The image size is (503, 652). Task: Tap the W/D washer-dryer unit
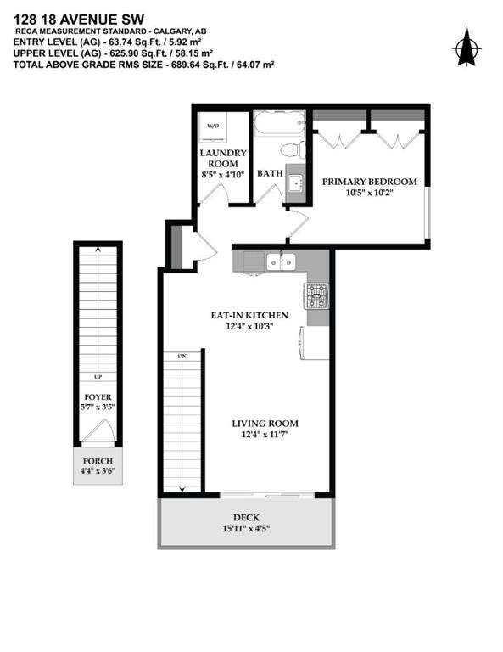(x=213, y=126)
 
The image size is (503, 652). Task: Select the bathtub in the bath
(x=279, y=122)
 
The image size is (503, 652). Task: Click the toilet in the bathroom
(x=293, y=149)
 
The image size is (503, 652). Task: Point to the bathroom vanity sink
(x=296, y=183)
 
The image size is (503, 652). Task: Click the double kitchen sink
(x=282, y=261)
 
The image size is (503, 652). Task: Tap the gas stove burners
(x=317, y=296)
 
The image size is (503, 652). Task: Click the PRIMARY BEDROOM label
(x=370, y=182)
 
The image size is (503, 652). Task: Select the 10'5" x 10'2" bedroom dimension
(x=370, y=193)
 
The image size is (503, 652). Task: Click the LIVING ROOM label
(x=265, y=424)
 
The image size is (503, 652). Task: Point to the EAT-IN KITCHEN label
(x=249, y=315)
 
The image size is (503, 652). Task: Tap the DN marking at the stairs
(x=182, y=357)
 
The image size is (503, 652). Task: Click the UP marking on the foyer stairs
(x=98, y=377)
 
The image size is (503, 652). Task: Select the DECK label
(x=246, y=518)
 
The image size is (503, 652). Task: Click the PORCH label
(x=98, y=461)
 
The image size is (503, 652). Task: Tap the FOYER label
(x=98, y=397)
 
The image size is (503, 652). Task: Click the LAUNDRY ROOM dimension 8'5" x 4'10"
(x=223, y=175)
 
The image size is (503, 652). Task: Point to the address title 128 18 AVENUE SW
(x=79, y=20)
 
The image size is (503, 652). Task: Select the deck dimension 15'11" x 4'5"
(x=246, y=529)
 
